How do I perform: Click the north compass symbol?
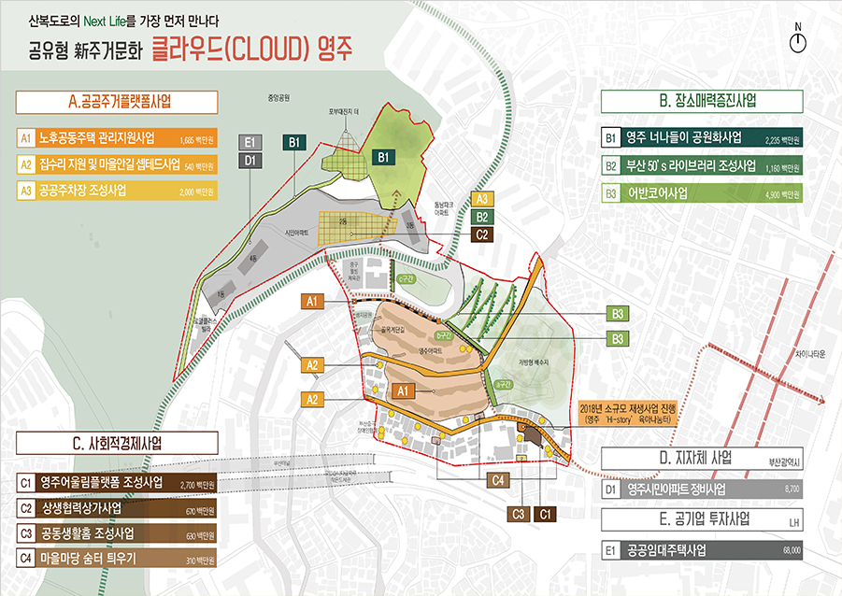click(797, 40)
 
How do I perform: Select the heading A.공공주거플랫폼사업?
click(118, 101)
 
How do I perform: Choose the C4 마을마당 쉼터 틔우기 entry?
click(118, 559)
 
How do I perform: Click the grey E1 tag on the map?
click(250, 142)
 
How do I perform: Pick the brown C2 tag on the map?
click(481, 234)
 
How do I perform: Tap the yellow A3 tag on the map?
click(481, 199)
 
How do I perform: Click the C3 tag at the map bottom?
click(517, 513)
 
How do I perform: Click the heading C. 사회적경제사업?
click(118, 446)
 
